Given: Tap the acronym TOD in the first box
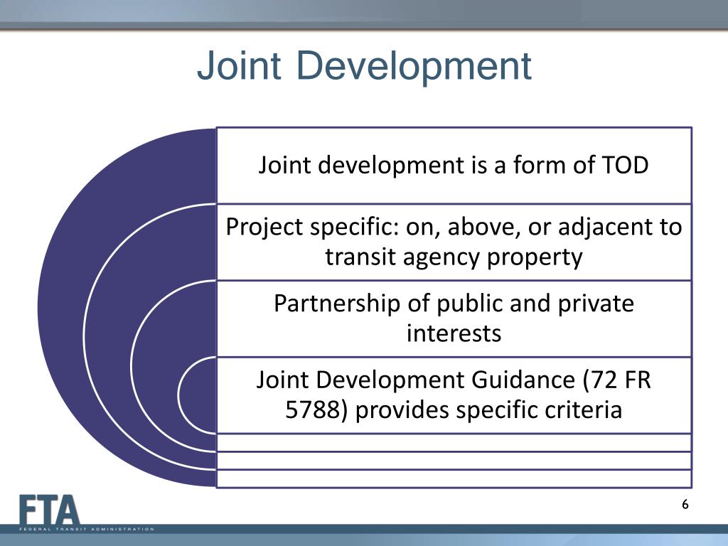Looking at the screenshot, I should (625, 166).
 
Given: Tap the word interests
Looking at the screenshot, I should (454, 333).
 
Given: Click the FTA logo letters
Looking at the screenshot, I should (50, 510).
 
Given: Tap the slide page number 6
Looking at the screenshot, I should (685, 505).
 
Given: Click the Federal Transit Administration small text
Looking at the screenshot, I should (86, 529).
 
